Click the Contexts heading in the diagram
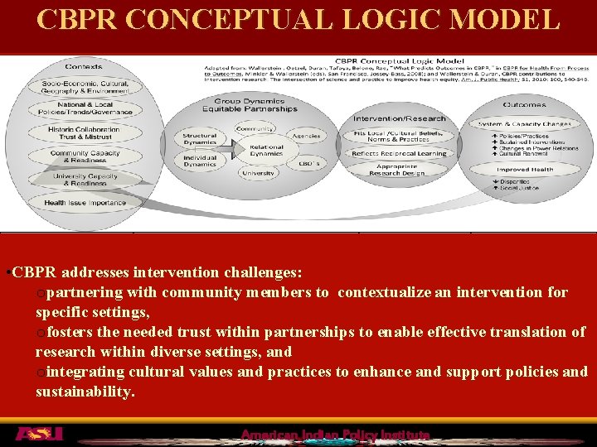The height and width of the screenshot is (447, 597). point(83,66)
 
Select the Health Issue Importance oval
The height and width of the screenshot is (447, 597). point(85,203)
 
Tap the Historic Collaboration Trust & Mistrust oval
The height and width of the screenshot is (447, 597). point(83,132)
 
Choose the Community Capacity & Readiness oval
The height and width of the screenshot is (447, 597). point(85,156)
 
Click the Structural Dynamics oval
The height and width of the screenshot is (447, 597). point(199,137)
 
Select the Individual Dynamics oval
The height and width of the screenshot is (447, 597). point(199,161)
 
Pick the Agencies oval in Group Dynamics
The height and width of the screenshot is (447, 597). point(306,135)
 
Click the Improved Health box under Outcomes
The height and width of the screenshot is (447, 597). point(524,169)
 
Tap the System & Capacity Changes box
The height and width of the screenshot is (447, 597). point(524,123)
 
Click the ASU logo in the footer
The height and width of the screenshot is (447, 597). point(38,434)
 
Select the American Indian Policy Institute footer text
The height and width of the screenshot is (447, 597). point(335,435)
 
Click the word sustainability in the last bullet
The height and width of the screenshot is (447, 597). point(83,392)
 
